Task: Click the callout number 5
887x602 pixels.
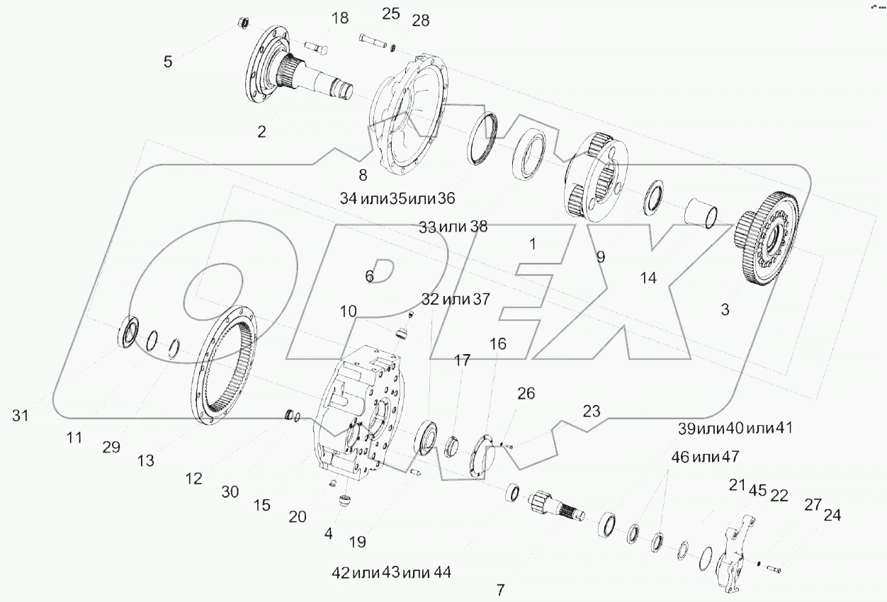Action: pyautogui.click(x=168, y=62)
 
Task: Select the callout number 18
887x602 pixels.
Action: pyautogui.click(x=341, y=18)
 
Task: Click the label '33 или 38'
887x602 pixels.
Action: pyautogui.click(x=453, y=227)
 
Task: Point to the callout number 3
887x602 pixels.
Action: pyautogui.click(x=725, y=309)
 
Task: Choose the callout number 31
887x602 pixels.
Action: pyautogui.click(x=21, y=416)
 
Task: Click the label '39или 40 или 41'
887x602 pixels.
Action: pyautogui.click(x=733, y=428)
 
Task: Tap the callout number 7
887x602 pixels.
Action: pyautogui.click(x=500, y=589)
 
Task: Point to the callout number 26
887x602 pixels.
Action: pyautogui.click(x=526, y=394)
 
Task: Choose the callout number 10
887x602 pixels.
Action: pyautogui.click(x=347, y=311)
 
